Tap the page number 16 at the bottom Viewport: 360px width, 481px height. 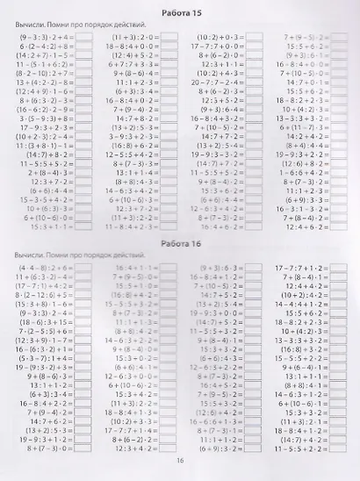click(x=180, y=457)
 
